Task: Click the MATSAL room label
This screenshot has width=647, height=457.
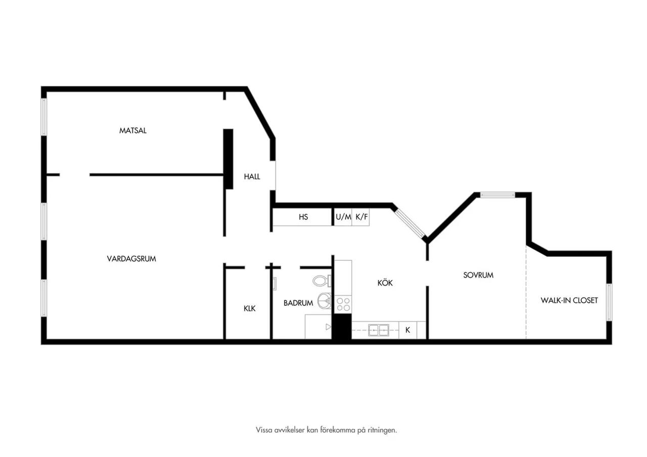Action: pos(133,130)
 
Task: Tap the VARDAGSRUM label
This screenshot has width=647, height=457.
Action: pos(131,259)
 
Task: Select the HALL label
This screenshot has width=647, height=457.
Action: pos(252,177)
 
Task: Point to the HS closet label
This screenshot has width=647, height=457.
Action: pos(303,217)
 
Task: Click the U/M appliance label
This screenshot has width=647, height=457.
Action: pos(343,217)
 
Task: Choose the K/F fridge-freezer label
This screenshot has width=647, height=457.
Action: pos(361,217)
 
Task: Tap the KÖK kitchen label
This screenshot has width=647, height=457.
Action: pos(385,283)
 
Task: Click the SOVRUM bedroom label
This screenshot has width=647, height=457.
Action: pos(478,276)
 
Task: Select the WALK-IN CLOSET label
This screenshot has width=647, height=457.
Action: pos(569,300)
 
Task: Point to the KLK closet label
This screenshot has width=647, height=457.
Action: pos(250,309)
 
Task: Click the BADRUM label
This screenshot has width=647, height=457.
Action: pos(298,303)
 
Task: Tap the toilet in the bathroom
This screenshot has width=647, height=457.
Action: pos(322,281)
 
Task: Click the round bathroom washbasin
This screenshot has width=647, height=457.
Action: pos(325,301)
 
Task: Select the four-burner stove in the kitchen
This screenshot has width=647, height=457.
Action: pos(343,304)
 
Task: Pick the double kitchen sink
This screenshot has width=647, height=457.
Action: pos(379,330)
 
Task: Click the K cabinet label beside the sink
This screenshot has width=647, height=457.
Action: pos(407,330)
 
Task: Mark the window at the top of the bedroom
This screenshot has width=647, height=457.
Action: pos(497,195)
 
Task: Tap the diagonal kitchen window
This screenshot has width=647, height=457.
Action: pos(410,223)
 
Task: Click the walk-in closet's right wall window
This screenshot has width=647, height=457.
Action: pos(609,302)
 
